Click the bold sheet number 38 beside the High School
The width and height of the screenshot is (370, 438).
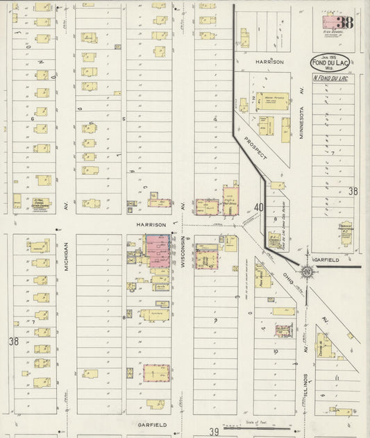(x=345, y=22)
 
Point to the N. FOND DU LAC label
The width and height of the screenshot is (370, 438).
(x=333, y=77)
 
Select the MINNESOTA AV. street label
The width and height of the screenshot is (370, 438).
(x=302, y=113)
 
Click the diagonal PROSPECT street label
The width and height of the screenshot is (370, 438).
(x=255, y=149)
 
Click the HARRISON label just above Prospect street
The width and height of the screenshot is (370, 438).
(x=269, y=62)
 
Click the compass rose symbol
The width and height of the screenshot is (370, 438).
(x=306, y=271)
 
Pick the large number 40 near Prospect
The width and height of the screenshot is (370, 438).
(x=259, y=207)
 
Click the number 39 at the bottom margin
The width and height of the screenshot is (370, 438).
(x=215, y=431)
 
